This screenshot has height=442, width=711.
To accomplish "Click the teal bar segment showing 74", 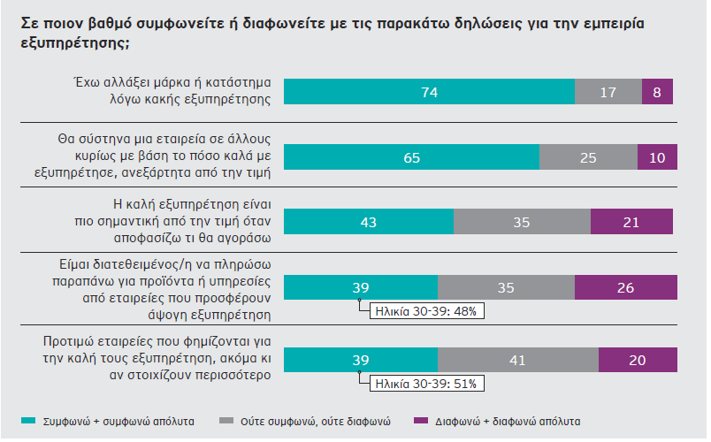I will [430, 92].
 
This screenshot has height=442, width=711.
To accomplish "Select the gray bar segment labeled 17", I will [608, 92].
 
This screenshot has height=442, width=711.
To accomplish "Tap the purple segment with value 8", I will [657, 92].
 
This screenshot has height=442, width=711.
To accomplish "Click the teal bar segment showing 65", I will [412, 156].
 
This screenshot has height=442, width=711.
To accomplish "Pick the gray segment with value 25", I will [588, 156].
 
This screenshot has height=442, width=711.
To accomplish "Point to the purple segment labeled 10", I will [657, 156].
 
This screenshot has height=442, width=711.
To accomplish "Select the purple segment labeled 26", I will [626, 286].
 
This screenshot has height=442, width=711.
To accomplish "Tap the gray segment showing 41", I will [518, 360].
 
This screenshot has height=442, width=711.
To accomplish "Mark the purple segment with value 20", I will [638, 360].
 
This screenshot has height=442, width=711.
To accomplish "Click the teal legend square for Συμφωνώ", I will [26, 421].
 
